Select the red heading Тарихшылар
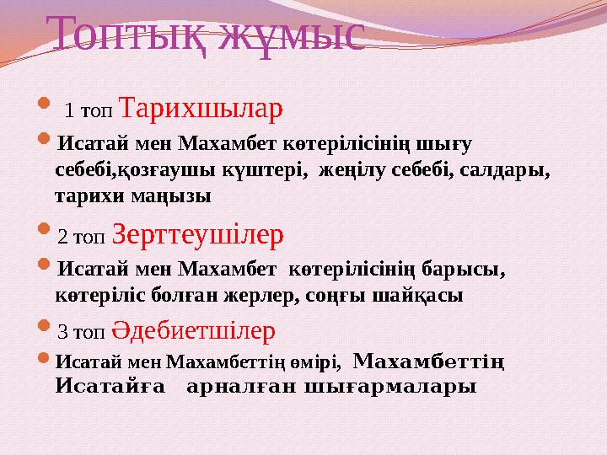pyautogui.click(x=201, y=109)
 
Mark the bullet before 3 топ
pyautogui.click(x=46, y=329)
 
